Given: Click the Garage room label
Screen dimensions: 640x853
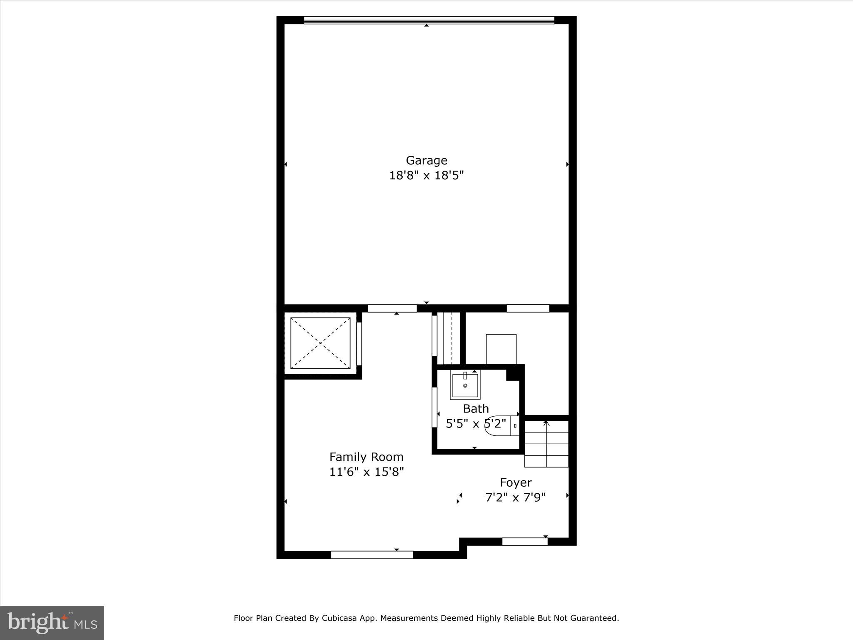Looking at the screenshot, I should [426, 160].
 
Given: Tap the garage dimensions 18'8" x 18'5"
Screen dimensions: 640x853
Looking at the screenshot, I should [426, 175].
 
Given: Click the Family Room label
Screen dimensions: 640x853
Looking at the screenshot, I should [366, 457].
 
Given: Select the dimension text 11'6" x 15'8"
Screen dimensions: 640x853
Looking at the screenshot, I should [367, 472].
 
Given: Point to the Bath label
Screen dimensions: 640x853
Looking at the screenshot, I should [476, 409].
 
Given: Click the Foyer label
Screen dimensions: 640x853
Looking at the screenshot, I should [516, 482].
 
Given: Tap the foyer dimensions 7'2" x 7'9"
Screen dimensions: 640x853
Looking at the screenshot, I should [516, 497].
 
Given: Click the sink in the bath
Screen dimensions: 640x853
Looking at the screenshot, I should [465, 385].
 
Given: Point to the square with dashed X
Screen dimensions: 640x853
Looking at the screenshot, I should [320, 343].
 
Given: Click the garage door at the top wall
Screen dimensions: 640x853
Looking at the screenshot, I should [429, 20].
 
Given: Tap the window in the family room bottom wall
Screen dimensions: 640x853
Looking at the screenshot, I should [372, 555].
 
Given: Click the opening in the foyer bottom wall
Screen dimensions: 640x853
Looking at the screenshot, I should [525, 542].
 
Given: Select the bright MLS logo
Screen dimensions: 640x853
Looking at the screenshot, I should [52, 622].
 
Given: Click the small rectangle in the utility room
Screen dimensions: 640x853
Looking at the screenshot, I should [501, 349].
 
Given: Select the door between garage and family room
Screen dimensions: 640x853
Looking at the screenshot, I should [392, 308].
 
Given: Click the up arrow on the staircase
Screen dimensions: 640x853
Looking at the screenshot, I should [546, 424].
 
